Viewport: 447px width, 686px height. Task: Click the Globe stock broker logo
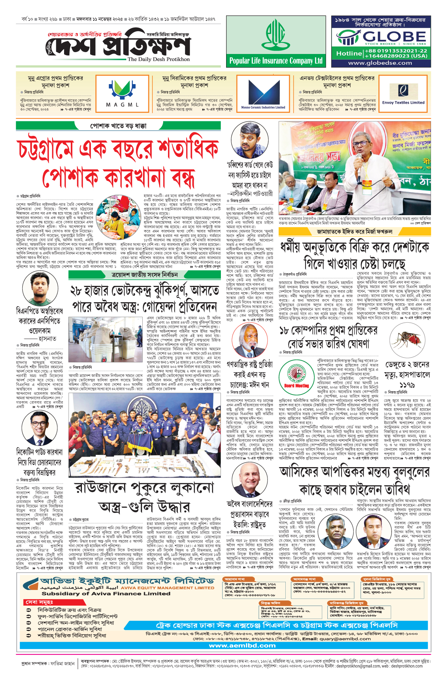[x=381, y=37]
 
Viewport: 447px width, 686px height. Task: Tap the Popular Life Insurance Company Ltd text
[x=276, y=61]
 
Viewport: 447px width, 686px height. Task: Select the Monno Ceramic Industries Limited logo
[x=263, y=93]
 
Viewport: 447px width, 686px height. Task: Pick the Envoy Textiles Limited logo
[x=403, y=93]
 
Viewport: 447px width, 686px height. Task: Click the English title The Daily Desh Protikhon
[x=159, y=59]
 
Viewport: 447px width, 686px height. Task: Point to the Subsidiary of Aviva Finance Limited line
[x=106, y=594]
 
